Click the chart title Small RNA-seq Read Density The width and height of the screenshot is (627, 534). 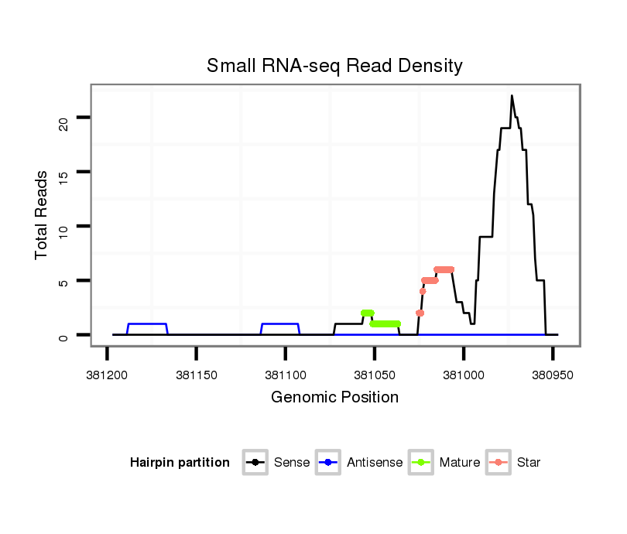pyautogui.click(x=334, y=66)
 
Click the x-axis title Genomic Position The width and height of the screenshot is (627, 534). pyautogui.click(x=334, y=398)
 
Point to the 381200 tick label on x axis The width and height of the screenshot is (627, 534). pyautogui.click(x=107, y=375)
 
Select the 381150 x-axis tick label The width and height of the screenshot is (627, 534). pyautogui.click(x=196, y=375)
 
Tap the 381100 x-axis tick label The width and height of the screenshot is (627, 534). pyautogui.click(x=286, y=375)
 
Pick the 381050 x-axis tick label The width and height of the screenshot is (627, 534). pyautogui.click(x=375, y=375)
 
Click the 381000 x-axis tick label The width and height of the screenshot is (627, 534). pyautogui.click(x=464, y=375)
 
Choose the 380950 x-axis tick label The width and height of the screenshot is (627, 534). pyautogui.click(x=553, y=375)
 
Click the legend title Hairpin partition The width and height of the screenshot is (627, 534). pyautogui.click(x=180, y=463)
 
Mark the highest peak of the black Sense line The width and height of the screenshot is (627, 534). pyautogui.click(x=512, y=96)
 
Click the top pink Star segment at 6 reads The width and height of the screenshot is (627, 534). pyautogui.click(x=444, y=269)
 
